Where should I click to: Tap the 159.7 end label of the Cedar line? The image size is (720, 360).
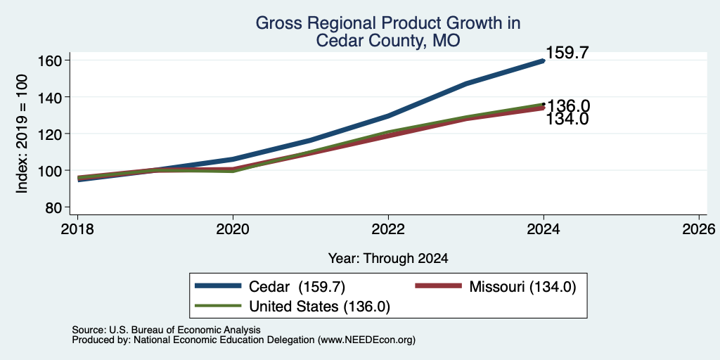[567, 53]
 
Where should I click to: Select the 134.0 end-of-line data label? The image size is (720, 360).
[567, 119]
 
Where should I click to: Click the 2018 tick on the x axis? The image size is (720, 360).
[77, 229]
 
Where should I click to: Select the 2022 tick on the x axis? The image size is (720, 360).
[388, 229]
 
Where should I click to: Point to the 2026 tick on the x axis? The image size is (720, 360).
[699, 229]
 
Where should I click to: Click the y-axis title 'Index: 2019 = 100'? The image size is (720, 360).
[22, 134]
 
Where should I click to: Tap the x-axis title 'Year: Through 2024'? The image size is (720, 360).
[388, 259]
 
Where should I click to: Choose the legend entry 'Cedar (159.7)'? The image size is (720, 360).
[297, 287]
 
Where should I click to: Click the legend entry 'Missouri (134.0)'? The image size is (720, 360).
[522, 287]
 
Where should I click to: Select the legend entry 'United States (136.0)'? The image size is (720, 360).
[320, 307]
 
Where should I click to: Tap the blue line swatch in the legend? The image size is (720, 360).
[218, 286]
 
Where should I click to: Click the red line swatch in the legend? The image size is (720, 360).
[438, 286]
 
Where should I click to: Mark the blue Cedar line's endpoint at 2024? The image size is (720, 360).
[544, 60]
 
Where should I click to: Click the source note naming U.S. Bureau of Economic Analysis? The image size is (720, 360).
[166, 330]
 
